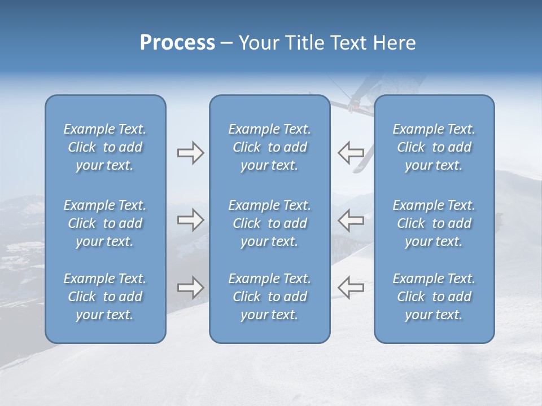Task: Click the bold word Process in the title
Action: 177,43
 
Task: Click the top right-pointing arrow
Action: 190,153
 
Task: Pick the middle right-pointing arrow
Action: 190,220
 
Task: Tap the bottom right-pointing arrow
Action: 190,288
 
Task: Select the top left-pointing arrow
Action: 351,152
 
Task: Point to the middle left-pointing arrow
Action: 351,220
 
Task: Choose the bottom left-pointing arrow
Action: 351,287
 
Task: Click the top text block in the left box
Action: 105,147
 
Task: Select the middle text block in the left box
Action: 105,223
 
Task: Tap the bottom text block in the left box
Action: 105,297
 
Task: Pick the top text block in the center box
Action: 269,147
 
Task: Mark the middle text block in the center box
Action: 269,223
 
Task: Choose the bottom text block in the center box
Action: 269,297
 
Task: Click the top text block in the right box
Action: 434,147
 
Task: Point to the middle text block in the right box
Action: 434,223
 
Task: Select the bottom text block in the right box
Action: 434,297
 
